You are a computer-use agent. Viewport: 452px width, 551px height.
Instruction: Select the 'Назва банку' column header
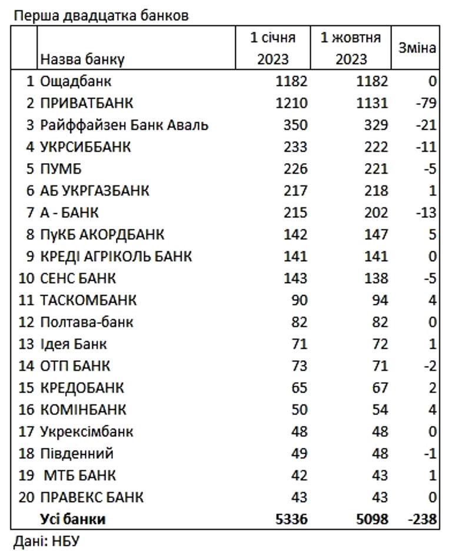(82, 59)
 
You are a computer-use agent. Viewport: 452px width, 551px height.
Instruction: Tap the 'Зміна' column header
(417, 48)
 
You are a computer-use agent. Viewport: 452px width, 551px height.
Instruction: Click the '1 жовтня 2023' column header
(351, 48)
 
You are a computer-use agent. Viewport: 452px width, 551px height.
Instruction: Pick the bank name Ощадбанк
(75, 81)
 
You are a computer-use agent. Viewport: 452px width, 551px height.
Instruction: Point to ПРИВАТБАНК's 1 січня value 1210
(292, 103)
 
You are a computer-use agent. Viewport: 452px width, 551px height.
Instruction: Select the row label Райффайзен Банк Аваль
(124, 125)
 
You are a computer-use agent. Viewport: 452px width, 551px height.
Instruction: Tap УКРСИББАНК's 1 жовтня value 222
(375, 147)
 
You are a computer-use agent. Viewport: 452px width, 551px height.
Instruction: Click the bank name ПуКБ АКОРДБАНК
(102, 234)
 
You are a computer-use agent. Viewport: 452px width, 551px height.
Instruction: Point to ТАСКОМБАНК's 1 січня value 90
(299, 300)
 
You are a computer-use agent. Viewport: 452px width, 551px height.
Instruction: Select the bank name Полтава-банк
(87, 322)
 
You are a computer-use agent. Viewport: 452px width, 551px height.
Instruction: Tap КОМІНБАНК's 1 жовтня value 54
(380, 409)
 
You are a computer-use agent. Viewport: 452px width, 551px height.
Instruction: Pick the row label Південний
(77, 453)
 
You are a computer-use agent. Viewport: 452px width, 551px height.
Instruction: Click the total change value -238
(420, 519)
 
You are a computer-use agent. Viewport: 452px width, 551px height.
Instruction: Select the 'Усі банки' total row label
(73, 519)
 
